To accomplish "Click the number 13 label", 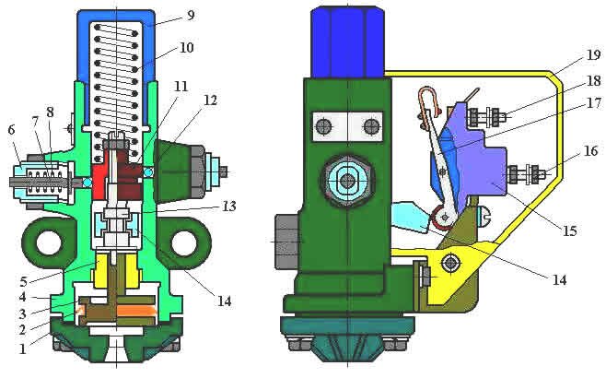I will point(227,207).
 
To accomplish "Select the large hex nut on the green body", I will point(346,179).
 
